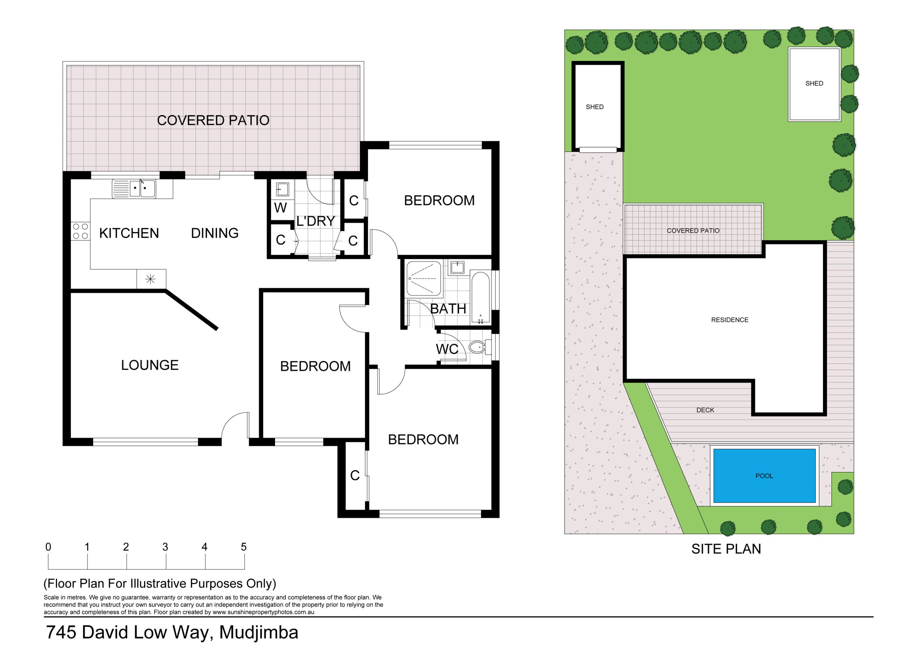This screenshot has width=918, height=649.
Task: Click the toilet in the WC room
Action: pos(479,347)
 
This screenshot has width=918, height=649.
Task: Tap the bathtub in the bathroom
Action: pos(480,298)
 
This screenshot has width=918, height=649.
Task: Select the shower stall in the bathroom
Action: pos(424,279)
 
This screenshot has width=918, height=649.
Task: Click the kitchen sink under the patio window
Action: pos(134,189)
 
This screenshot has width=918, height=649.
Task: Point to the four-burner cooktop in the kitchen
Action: pos(80,231)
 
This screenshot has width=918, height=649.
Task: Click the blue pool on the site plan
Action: pos(765,476)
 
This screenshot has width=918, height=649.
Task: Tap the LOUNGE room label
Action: pos(150,365)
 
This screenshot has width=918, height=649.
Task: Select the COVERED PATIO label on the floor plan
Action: pos(213,120)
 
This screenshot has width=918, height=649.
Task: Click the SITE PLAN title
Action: pos(726,549)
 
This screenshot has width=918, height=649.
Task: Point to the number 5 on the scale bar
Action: pos(244,547)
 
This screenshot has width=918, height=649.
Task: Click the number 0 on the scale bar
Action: pos(48,547)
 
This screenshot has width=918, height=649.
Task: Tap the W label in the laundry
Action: pos(280,208)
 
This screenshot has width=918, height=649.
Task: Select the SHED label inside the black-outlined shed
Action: pos(595,107)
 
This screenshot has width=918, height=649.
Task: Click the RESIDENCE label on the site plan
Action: pos(730,320)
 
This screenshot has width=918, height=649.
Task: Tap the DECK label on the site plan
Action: pos(705,410)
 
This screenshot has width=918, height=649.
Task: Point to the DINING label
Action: pos(215,233)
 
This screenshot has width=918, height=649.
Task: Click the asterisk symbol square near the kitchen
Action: pos(151,279)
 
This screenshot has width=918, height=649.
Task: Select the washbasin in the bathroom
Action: pos(457,267)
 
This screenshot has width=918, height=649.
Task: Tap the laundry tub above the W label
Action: pos(282,190)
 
